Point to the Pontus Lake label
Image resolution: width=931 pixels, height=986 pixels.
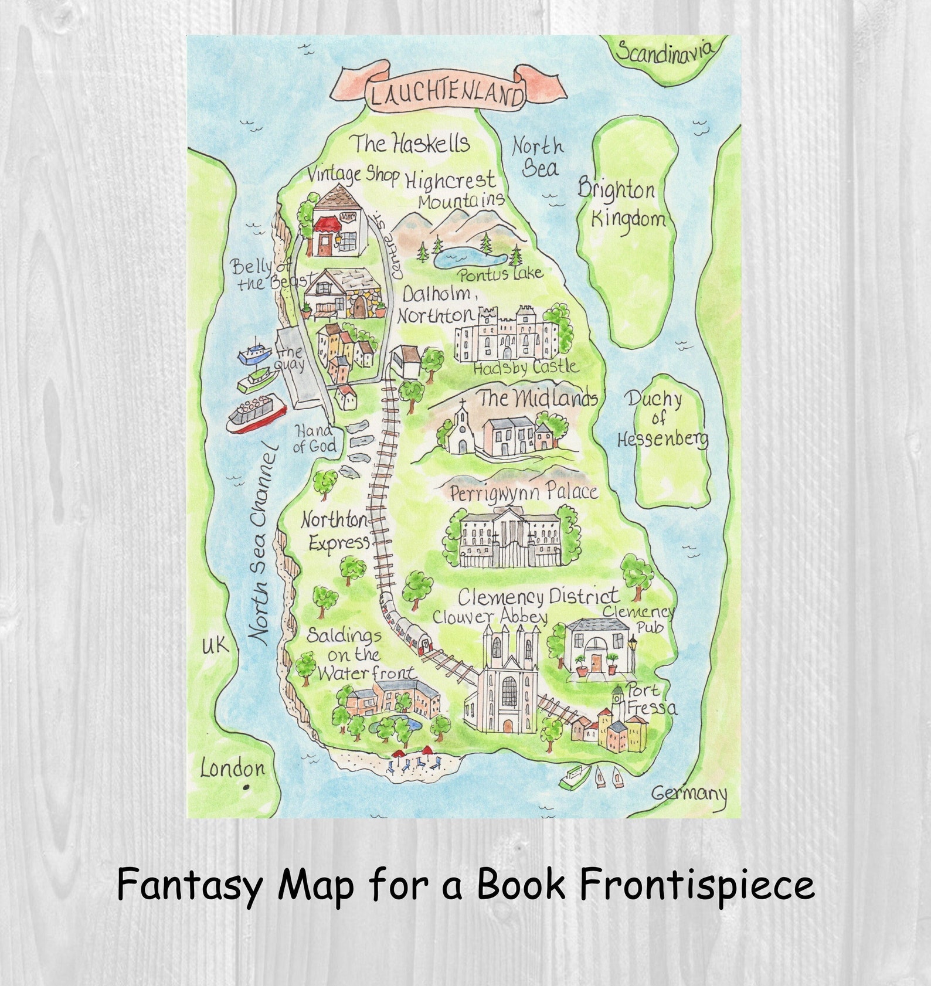[501, 273]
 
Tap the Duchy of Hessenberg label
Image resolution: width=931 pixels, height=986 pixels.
[662, 420]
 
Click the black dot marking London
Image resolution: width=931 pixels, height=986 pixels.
[246, 787]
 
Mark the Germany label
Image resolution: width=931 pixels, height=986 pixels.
[689, 793]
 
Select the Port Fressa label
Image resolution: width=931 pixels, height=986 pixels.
[651, 699]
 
